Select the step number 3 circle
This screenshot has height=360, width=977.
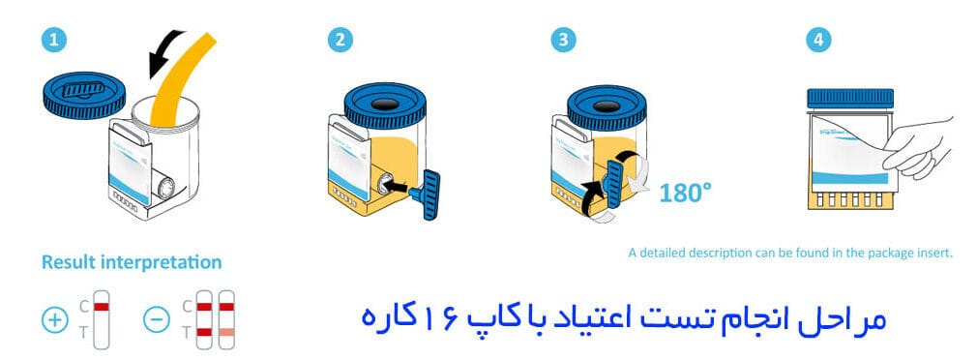point(563,41)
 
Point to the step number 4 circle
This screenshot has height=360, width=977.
point(817,41)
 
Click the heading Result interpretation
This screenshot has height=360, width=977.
point(132,262)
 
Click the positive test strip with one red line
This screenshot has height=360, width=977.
point(101,319)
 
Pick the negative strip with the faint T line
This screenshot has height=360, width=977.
point(226,319)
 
